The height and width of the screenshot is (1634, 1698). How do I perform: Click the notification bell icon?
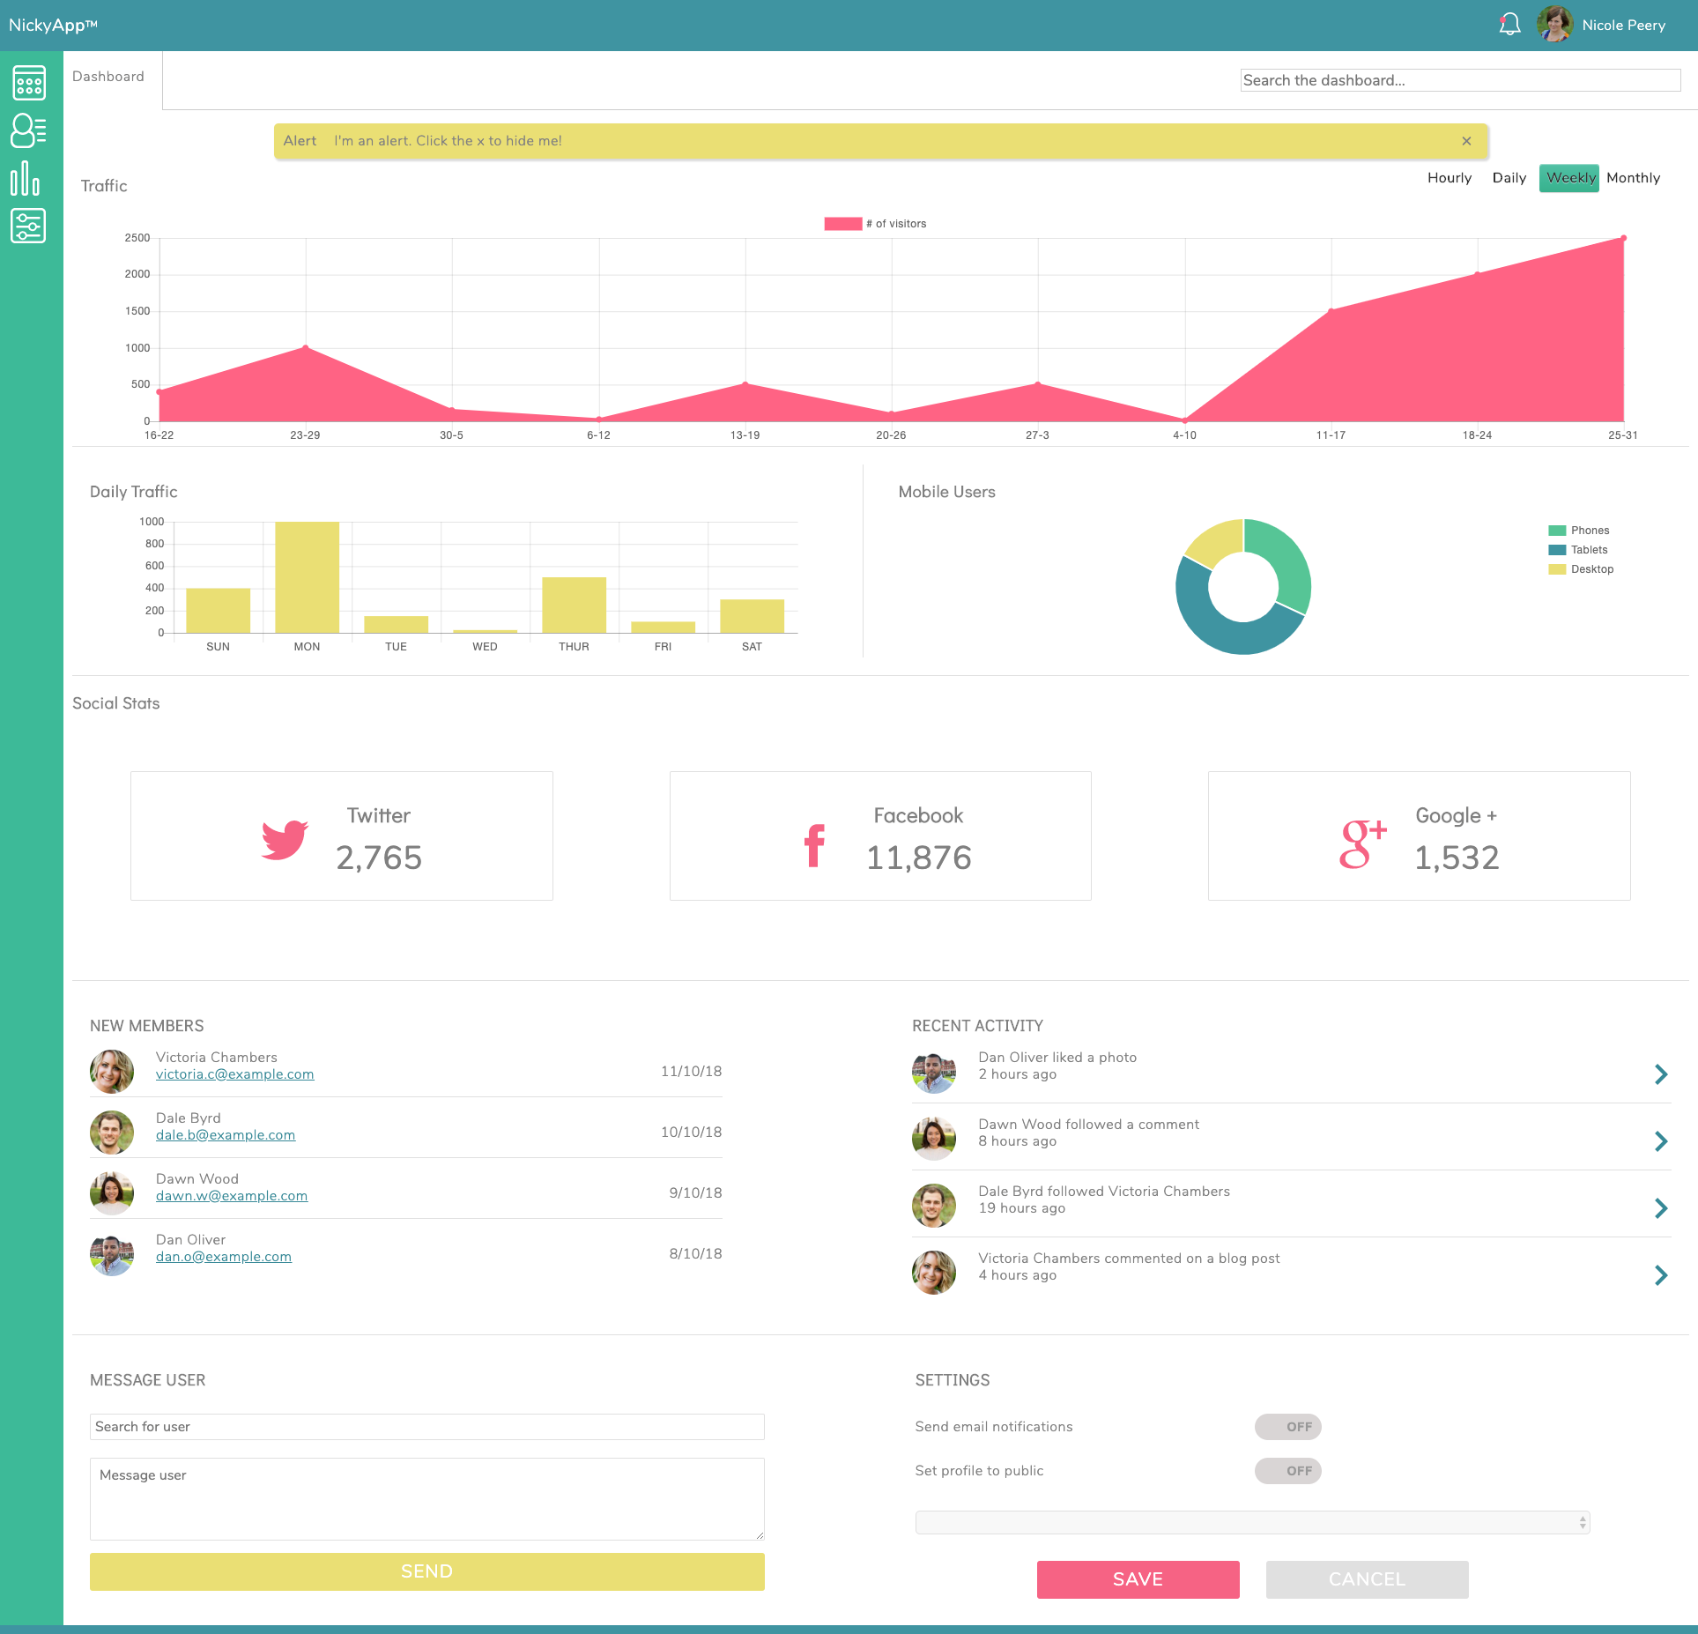click(1509, 25)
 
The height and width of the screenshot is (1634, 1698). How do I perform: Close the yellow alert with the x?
click(1466, 141)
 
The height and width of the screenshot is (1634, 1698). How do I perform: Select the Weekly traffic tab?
click(1569, 178)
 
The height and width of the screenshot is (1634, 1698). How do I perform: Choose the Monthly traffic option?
click(1633, 178)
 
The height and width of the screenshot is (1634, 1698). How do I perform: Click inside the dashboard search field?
click(1459, 80)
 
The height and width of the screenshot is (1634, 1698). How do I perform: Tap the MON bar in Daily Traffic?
click(307, 577)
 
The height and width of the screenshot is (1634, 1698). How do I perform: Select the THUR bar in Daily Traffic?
click(574, 605)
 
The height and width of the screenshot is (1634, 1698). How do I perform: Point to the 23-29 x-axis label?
click(305, 435)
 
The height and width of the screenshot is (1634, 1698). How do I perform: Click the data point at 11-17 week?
click(1331, 310)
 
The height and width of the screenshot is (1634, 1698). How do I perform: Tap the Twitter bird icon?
click(285, 839)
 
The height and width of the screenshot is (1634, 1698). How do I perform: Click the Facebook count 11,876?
click(918, 858)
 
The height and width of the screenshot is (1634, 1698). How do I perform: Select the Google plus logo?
click(1362, 843)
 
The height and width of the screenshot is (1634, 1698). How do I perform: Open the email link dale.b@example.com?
click(226, 1135)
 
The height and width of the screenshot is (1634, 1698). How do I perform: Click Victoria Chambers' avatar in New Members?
click(112, 1071)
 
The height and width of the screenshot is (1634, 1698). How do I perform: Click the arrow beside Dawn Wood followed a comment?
click(1660, 1141)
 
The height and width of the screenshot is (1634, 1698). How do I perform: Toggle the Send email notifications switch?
click(1287, 1427)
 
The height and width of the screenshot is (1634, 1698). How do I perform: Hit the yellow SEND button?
click(426, 1571)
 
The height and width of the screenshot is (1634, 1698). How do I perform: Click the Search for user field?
click(426, 1427)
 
